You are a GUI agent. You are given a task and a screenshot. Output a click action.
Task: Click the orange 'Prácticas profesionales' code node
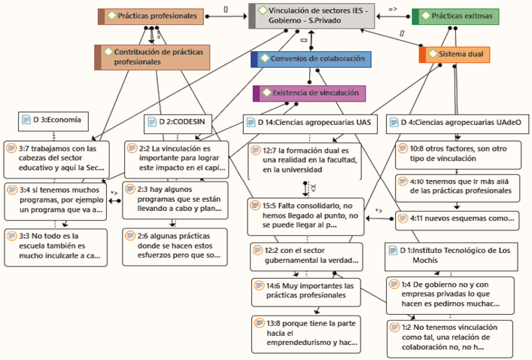(151, 15)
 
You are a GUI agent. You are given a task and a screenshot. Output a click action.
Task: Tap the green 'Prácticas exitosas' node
(457, 16)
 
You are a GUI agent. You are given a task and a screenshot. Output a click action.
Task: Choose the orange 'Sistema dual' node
(455, 54)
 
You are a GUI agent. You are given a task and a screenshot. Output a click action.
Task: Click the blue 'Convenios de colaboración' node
(312, 58)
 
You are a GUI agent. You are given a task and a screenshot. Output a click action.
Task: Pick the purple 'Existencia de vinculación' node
(309, 93)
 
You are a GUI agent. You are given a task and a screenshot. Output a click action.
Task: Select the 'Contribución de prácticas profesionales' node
(153, 57)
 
